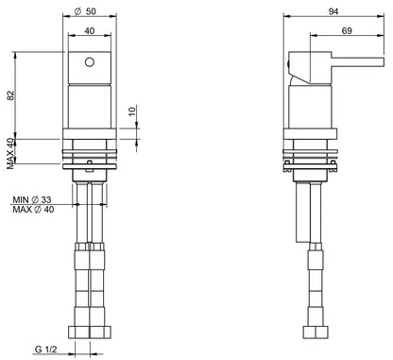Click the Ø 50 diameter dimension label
[x=85, y=11]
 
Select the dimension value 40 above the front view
[x=90, y=31]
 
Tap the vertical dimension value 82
[x=11, y=95]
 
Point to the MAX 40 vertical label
[x=11, y=153]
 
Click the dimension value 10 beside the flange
[x=132, y=111]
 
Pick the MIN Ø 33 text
[x=32, y=199]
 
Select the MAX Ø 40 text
[x=33, y=209]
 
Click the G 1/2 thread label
[x=45, y=350]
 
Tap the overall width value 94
[x=333, y=11]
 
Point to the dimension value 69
[x=347, y=31]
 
